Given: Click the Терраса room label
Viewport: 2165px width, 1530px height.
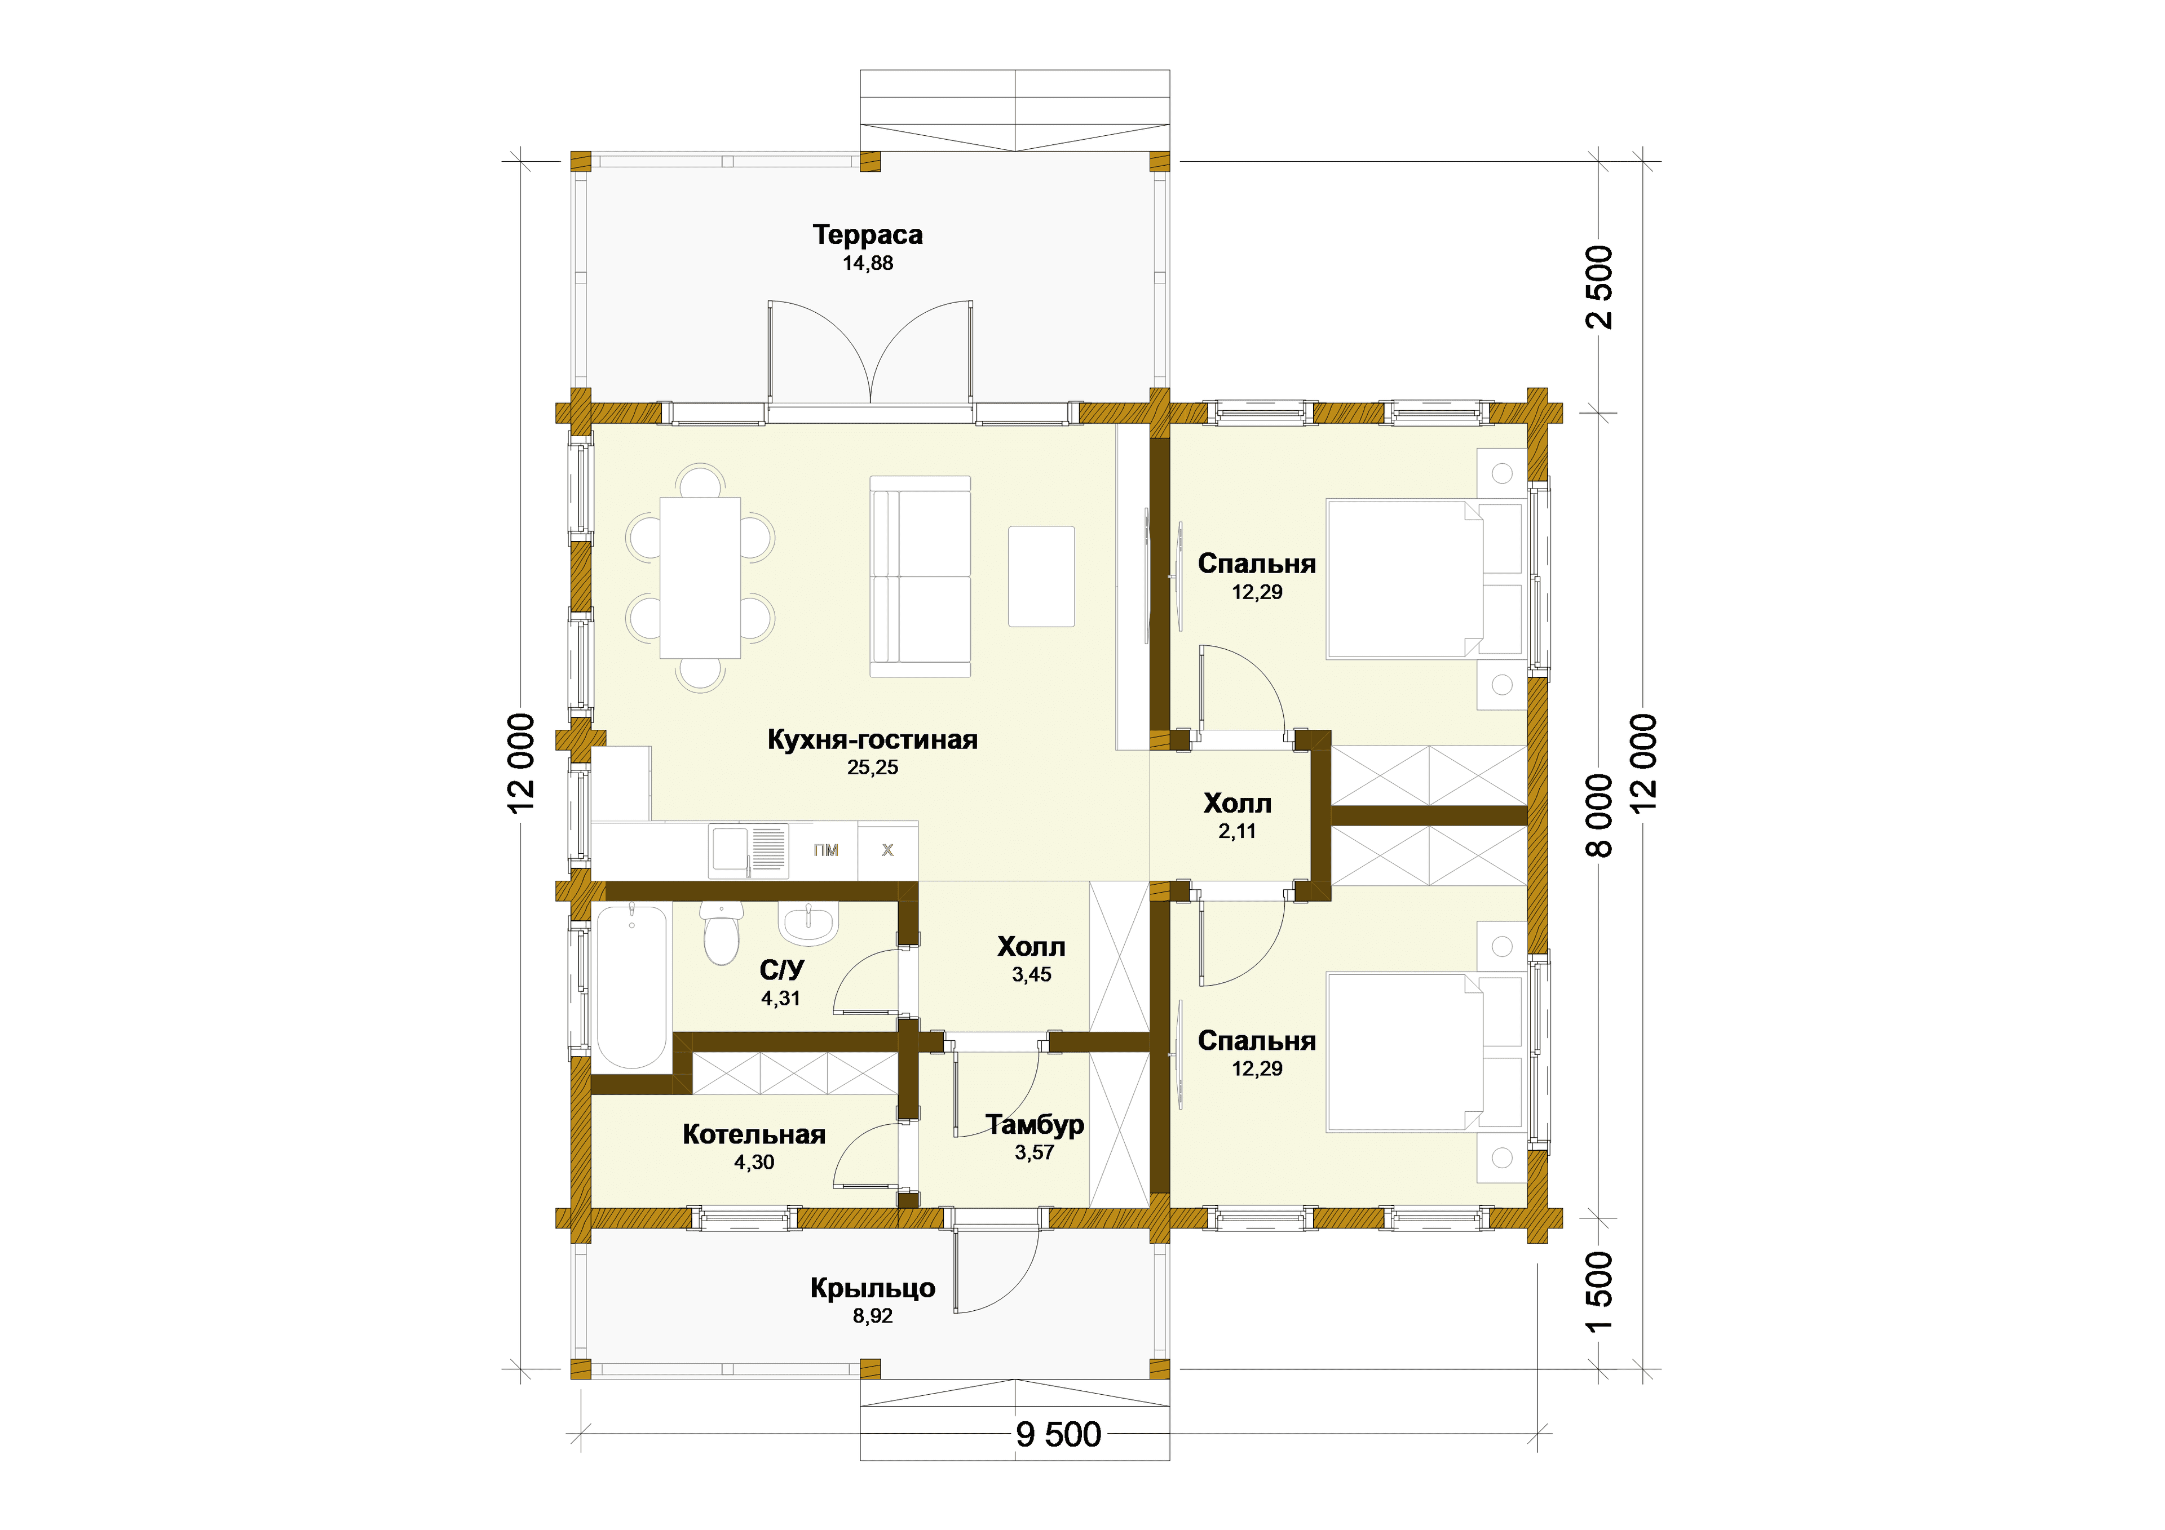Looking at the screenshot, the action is tap(868, 235).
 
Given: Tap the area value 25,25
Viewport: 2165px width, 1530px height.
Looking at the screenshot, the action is tap(872, 768).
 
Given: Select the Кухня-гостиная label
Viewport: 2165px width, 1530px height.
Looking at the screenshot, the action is tap(872, 739).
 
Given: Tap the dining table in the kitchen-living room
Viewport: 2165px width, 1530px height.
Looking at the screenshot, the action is tap(700, 578).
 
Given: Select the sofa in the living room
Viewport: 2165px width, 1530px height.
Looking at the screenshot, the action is tap(920, 576).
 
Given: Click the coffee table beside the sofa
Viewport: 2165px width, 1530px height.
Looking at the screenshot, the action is tap(1041, 576).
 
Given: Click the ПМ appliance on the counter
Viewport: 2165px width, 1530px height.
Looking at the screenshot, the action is tap(825, 850).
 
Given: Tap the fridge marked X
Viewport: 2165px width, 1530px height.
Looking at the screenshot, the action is tap(887, 850).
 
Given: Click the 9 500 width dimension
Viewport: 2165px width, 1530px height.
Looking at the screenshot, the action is tap(1058, 1435).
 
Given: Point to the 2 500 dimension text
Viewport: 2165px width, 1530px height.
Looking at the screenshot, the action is tap(1600, 287).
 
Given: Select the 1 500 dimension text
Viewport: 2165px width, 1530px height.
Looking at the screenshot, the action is tap(1600, 1292).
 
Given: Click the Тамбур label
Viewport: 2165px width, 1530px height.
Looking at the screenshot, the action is tap(1035, 1125).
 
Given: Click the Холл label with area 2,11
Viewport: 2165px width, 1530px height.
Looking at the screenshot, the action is tap(1237, 803).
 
